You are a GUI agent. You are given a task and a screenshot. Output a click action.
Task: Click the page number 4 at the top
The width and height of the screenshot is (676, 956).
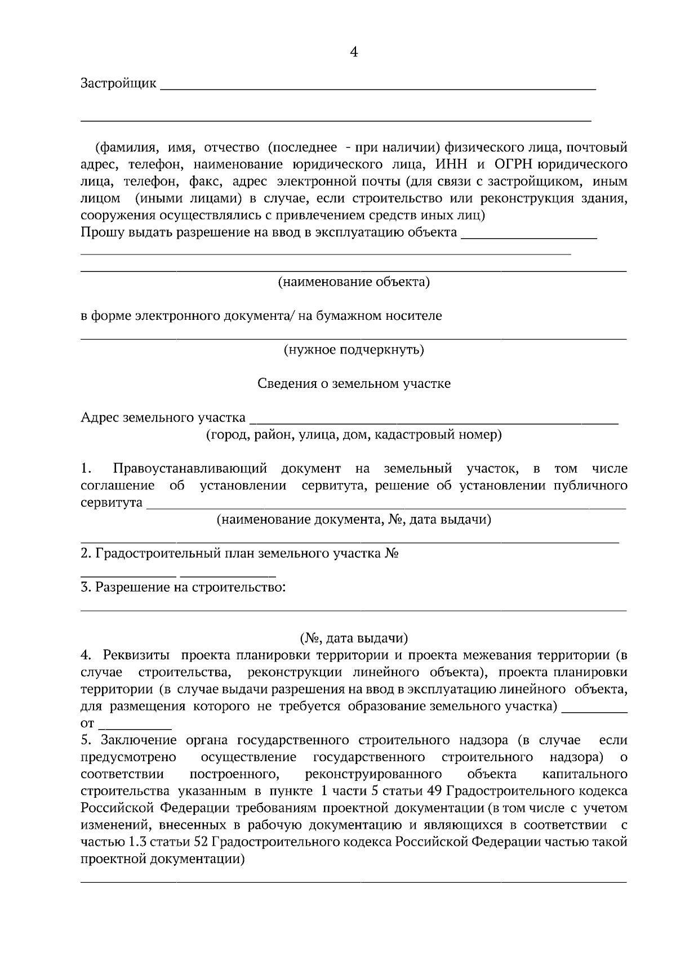(354, 52)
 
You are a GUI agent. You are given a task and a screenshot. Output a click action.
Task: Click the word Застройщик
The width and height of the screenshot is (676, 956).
(118, 84)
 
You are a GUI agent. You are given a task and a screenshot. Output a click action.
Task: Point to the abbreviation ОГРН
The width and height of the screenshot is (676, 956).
(513, 164)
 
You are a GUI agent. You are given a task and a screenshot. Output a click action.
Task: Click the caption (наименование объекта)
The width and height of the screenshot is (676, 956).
(354, 282)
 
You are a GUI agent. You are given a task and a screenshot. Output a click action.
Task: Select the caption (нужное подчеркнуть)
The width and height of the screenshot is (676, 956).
(354, 350)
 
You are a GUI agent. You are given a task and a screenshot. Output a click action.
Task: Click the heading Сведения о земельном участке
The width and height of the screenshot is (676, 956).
(354, 384)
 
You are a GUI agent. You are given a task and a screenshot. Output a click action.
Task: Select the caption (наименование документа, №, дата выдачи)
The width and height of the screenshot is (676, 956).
(354, 520)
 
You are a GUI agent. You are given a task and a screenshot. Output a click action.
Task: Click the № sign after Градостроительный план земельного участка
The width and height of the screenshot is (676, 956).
(392, 553)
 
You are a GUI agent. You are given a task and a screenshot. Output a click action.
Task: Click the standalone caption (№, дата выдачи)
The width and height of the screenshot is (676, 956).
(354, 638)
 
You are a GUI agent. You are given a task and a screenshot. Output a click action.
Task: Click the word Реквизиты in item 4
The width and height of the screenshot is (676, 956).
(137, 655)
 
